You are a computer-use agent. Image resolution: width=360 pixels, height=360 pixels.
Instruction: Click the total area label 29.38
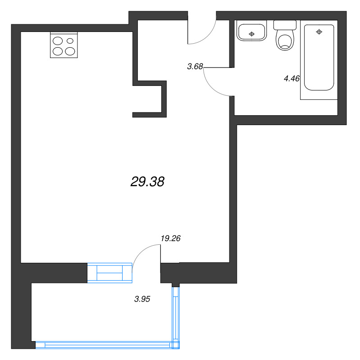pyautogui.click(x=147, y=182)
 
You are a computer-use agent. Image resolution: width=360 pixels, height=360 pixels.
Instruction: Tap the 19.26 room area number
pyautogui.click(x=171, y=238)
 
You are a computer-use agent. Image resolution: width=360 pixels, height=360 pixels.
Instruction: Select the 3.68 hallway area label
pyautogui.click(x=195, y=66)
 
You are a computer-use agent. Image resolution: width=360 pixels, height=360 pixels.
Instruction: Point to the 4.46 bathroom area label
pyautogui.click(x=292, y=78)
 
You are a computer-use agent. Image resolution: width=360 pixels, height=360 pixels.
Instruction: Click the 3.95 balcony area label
pyautogui.click(x=142, y=299)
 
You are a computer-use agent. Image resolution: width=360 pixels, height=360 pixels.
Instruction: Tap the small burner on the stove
pyautogui.click(x=70, y=41)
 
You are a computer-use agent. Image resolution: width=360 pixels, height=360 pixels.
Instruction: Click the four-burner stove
pyautogui.click(x=64, y=45)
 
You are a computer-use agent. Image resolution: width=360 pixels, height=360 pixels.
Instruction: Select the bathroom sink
pyautogui.click(x=251, y=31)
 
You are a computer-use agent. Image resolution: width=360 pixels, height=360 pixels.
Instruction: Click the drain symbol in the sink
pyautogui.click(x=252, y=34)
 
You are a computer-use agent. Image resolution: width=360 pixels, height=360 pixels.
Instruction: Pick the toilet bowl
pyautogui.click(x=285, y=42)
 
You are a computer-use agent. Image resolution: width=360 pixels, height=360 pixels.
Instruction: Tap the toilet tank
pyautogui.click(x=285, y=25)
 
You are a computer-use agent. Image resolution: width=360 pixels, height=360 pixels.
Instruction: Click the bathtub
pyautogui.click(x=319, y=58)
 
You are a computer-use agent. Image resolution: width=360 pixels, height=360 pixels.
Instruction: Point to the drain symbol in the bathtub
pyautogui.click(x=319, y=32)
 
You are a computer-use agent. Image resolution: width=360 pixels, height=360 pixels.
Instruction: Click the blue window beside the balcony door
pyautogui.click(x=110, y=273)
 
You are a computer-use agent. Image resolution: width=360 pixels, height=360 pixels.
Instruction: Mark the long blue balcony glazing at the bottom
pyautogui.click(x=107, y=345)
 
